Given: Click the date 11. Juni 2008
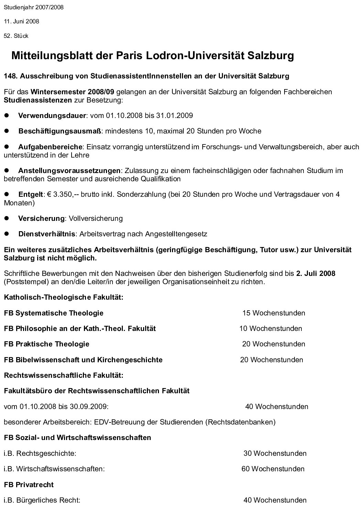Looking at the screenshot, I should pyautogui.click(x=21, y=21).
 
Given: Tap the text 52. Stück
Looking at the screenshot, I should pyautogui.click(x=16, y=36).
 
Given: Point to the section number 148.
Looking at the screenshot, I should pyautogui.click(x=10, y=76).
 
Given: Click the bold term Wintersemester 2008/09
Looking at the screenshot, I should pyautogui.click(x=72, y=92).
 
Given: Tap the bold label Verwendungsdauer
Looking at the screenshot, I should pyautogui.click(x=52, y=116).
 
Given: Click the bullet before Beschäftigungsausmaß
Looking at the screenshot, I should pyautogui.click(x=6, y=131).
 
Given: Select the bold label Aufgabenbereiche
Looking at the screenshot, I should pyautogui.click(x=50, y=147).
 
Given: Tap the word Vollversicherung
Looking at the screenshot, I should pyautogui.click(x=96, y=218).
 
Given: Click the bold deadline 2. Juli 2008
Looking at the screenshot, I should pyautogui.click(x=315, y=273).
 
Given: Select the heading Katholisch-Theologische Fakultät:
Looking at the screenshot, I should pyautogui.click(x=64, y=297).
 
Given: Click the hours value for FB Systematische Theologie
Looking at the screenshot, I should pyautogui.click(x=274, y=313).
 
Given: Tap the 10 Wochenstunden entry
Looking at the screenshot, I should pyautogui.click(x=271, y=329).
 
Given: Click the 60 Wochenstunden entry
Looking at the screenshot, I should pyautogui.click(x=273, y=469).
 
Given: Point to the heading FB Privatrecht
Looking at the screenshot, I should pyautogui.click(x=29, y=485).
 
